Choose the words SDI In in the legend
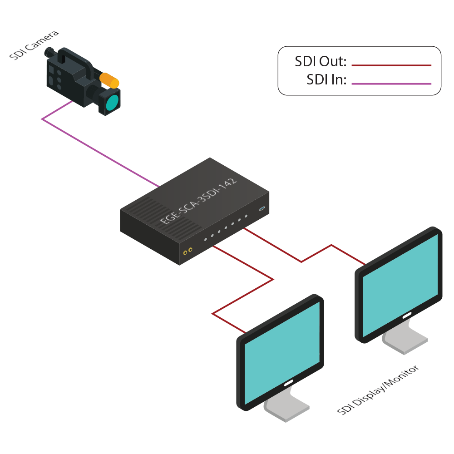tap(326, 80)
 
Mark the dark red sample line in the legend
tap(391, 65)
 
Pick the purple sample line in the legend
tap(391, 84)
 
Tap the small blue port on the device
tap(262, 209)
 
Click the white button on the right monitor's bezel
tap(405, 314)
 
